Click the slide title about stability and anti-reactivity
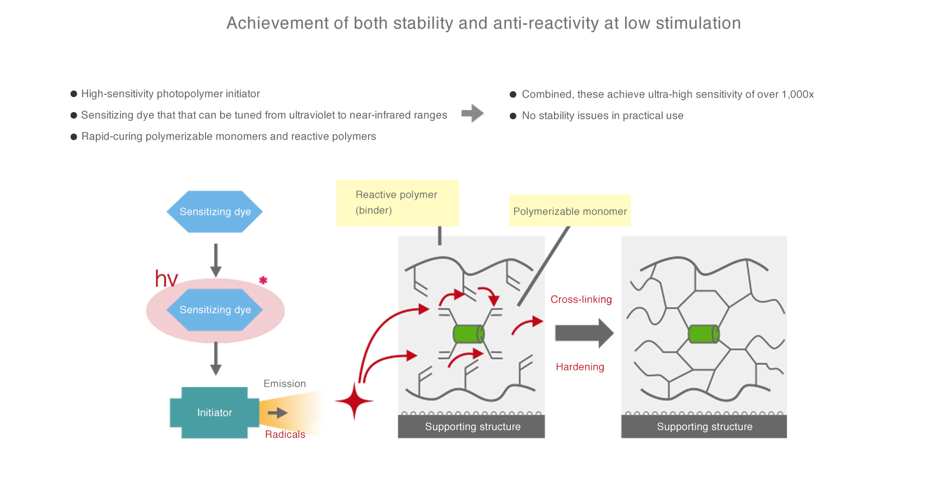coord(483,24)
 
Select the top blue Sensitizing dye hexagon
coord(215,211)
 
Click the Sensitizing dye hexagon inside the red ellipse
coord(215,309)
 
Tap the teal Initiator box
coord(215,413)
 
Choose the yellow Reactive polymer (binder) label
coord(397,203)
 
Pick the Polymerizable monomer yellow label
coord(570,211)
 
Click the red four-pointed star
coord(354,401)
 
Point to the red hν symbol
coord(166,278)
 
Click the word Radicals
coord(285,434)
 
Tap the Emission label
coord(285,383)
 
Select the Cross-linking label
coord(581,300)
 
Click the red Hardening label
coord(580,367)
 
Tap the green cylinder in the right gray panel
coord(704,334)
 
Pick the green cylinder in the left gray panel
coord(468,334)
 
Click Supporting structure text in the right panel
coord(705,427)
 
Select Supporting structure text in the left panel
coord(473,427)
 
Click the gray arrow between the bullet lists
coord(473,113)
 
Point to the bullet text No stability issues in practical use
coord(602,116)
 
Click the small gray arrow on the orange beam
coord(277,413)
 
